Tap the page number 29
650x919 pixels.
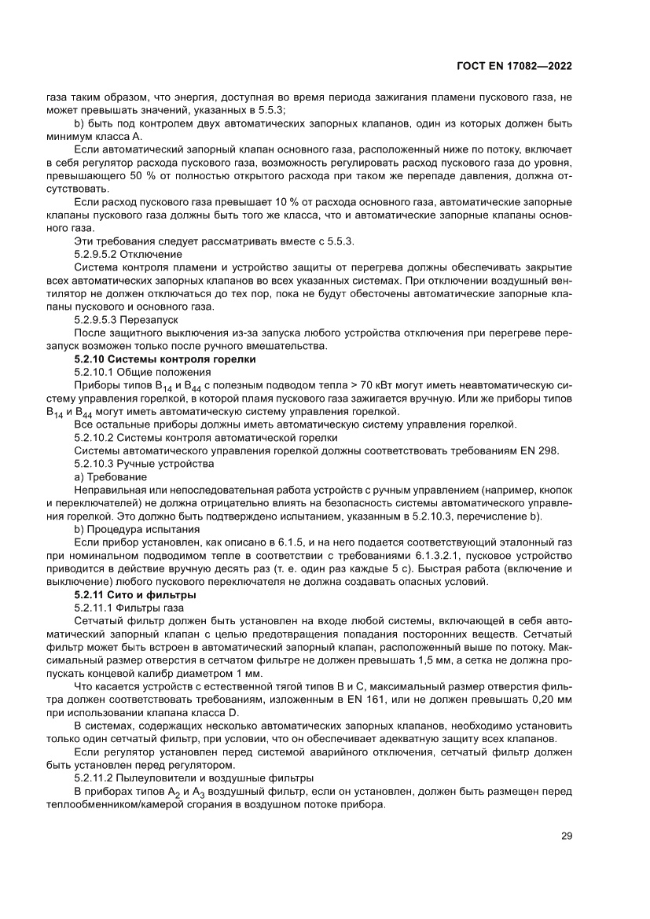pyautogui.click(x=566, y=836)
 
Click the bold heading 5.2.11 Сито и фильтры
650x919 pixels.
pyautogui.click(x=134, y=594)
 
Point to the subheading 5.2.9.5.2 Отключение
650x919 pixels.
pyautogui.click(x=128, y=254)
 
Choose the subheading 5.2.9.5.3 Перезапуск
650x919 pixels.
pyautogui.click(x=126, y=320)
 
